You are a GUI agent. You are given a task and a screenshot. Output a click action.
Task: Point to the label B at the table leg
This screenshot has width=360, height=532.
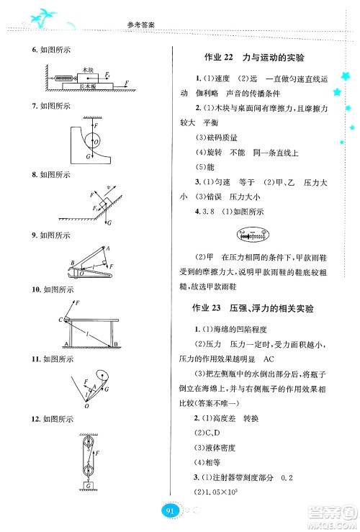pyautogui.click(x=115, y=346)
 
